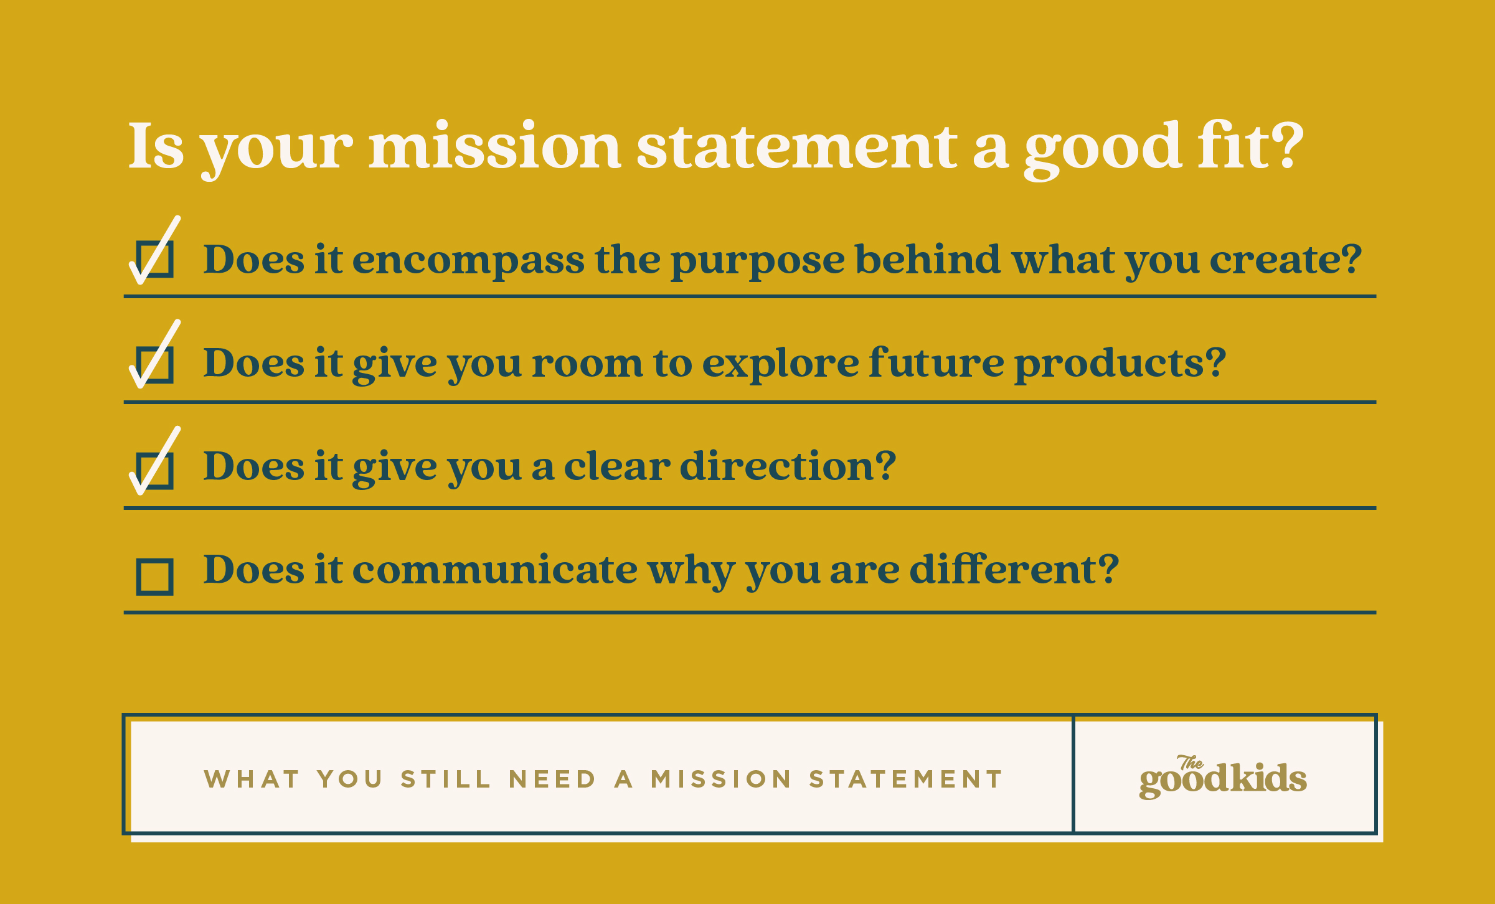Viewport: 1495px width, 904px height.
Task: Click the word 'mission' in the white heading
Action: (495, 146)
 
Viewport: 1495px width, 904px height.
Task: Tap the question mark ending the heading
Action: (1286, 146)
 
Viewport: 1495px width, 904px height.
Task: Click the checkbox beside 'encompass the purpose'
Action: (154, 259)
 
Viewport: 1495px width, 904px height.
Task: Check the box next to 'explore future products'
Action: (154, 364)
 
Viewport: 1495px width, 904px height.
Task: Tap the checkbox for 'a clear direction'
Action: (154, 471)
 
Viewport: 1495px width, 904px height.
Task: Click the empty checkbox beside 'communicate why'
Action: (154, 577)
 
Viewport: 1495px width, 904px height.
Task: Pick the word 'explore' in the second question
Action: (780, 364)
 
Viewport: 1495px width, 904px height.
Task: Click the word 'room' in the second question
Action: (587, 364)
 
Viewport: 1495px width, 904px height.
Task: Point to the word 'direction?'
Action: (788, 466)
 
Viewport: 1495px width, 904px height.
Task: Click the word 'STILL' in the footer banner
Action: (445, 779)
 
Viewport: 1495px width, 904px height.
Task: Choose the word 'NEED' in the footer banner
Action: (552, 779)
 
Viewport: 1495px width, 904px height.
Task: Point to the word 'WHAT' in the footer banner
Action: (252, 779)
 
